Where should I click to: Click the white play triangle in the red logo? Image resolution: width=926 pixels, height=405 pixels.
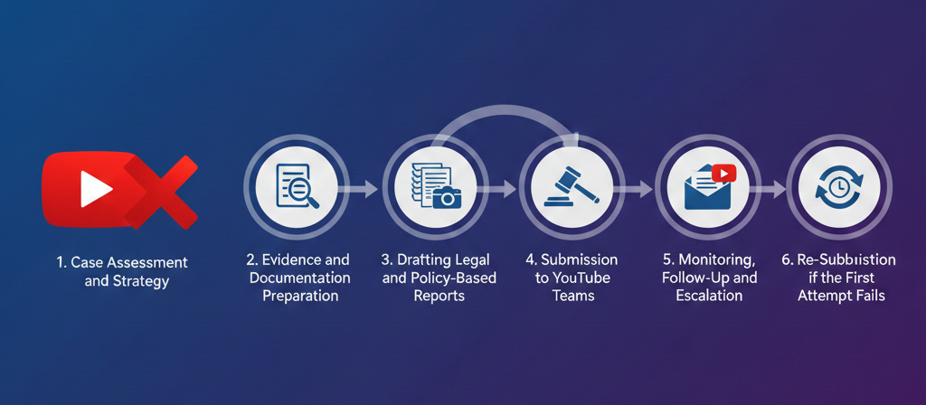point(94,189)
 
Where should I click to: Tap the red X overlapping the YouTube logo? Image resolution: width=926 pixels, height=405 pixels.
point(160,191)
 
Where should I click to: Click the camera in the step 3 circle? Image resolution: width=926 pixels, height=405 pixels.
point(445,198)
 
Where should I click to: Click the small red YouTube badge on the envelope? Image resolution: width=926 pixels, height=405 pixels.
point(724,173)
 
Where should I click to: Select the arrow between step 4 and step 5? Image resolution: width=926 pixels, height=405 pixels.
point(638,189)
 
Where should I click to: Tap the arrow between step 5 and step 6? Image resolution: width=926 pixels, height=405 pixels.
point(772,189)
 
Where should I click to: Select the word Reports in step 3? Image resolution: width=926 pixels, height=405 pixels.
point(439,295)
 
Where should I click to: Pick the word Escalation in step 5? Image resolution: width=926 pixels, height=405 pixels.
point(708,295)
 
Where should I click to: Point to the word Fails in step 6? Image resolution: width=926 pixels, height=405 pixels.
point(865,295)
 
